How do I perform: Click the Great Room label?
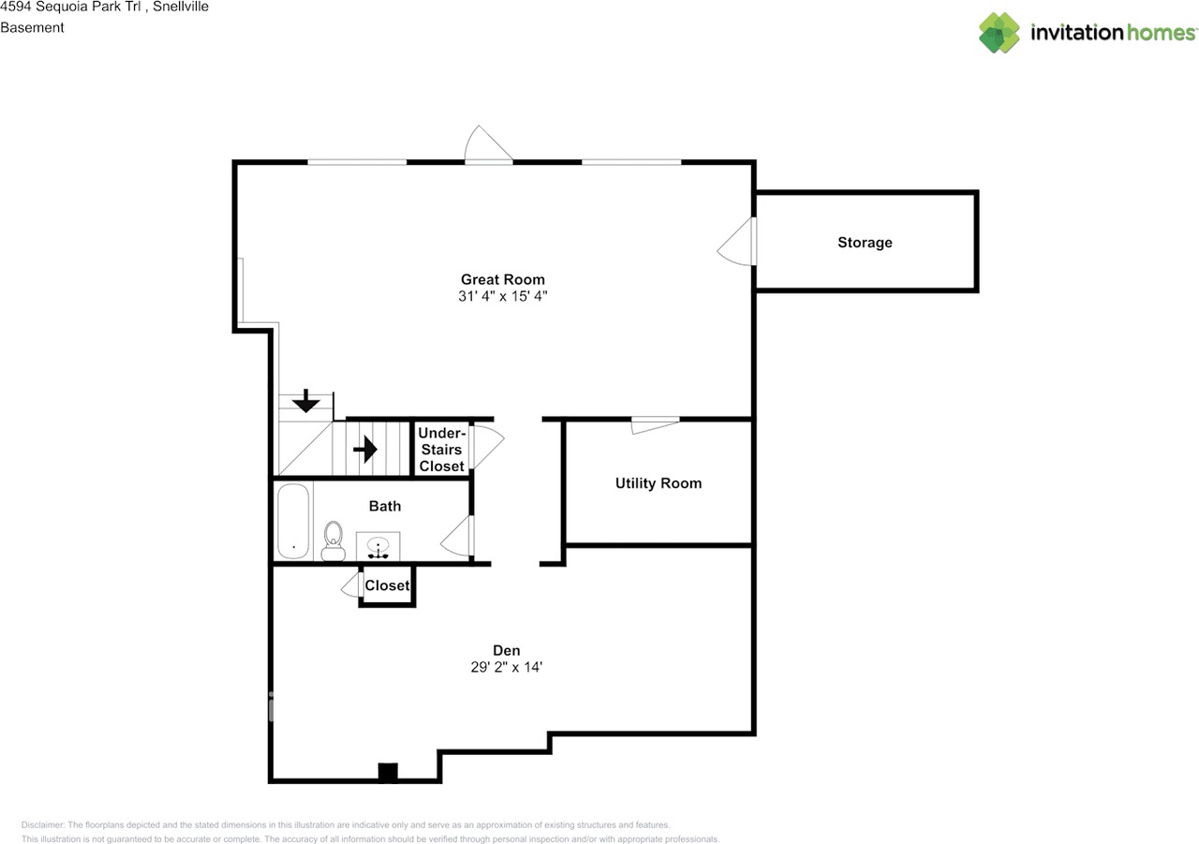pos(502,279)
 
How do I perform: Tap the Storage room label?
pos(865,243)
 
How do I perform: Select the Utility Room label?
pos(658,483)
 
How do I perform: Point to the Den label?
pos(507,650)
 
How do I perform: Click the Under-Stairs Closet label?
pos(441,450)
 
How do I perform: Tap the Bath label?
pos(384,506)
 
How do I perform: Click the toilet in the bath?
pos(333,541)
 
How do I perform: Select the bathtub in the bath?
pos(293,522)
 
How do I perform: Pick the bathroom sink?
pos(379,547)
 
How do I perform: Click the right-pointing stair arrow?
pos(365,450)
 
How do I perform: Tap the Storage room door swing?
pos(736,243)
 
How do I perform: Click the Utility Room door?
pos(655,424)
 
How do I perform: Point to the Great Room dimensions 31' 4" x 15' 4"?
pos(502,296)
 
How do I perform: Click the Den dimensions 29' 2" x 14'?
pos(507,667)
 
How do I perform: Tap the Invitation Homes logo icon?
pos(999,33)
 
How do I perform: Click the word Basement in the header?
pos(32,27)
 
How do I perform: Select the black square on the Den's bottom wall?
pos(387,773)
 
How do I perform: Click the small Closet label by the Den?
pos(387,585)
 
